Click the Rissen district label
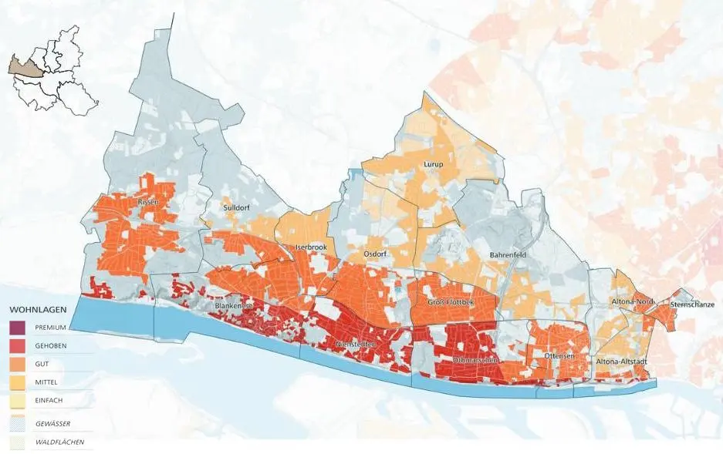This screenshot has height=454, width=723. click(x=148, y=202)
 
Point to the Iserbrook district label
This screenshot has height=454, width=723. click(x=309, y=247)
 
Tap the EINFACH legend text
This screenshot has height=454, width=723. click(x=50, y=400)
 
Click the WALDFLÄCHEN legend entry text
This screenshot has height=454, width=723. click(x=59, y=442)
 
